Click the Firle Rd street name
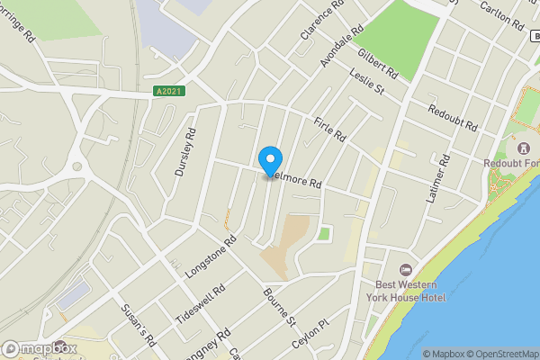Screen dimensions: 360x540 tap(330, 130)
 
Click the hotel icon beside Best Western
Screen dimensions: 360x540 tap(406, 270)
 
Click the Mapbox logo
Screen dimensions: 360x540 tap(39, 348)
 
